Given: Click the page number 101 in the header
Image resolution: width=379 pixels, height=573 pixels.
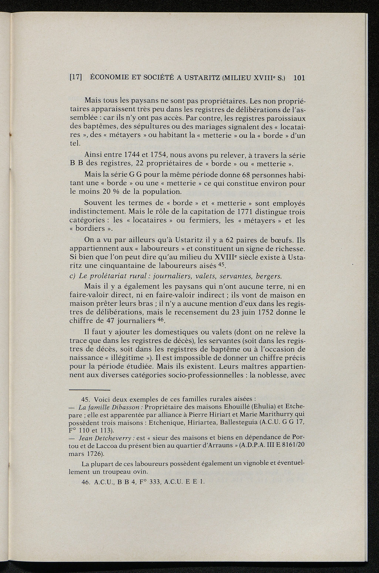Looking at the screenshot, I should tap(298, 78).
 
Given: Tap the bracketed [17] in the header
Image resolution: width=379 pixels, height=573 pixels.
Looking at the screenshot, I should tap(76, 78).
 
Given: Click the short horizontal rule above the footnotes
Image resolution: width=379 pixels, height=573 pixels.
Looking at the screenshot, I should tap(90, 390).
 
